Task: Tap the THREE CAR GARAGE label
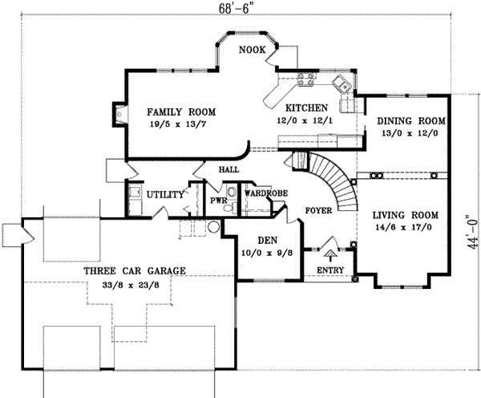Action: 135,270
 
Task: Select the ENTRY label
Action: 331,270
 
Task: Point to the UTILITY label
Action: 166,194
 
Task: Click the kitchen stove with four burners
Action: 306,79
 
